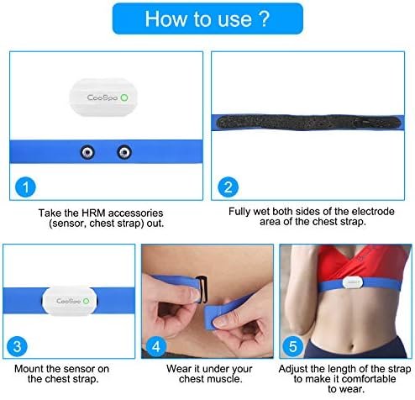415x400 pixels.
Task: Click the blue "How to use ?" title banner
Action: (x=207, y=18)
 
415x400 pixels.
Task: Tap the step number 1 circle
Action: (x=25, y=187)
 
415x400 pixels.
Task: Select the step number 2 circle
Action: (x=229, y=187)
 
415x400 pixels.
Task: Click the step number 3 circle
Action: (x=17, y=346)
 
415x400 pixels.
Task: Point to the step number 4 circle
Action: (x=156, y=346)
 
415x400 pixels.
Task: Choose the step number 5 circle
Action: (x=293, y=346)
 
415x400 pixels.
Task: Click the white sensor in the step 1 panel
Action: (x=103, y=97)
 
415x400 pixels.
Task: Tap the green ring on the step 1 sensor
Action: (x=124, y=97)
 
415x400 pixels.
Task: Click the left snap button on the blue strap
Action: (x=87, y=152)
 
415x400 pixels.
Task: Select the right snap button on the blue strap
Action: (x=124, y=152)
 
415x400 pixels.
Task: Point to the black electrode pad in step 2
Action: (x=308, y=123)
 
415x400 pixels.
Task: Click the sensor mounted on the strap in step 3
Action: (x=70, y=301)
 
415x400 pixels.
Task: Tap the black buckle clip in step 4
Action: (x=202, y=289)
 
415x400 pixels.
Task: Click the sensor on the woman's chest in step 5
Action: (x=352, y=283)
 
